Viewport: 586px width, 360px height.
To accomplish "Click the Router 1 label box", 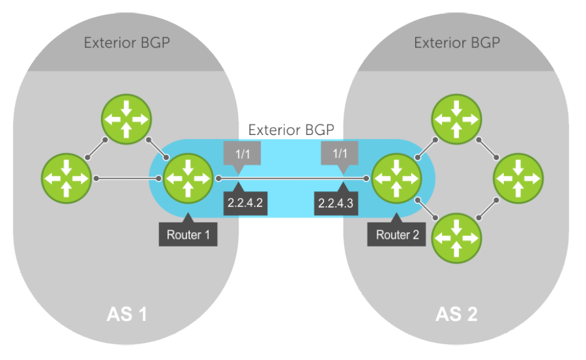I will (188, 235).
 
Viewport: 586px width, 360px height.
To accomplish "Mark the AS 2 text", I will (456, 314).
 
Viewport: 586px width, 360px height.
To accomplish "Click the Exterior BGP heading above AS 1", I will (126, 43).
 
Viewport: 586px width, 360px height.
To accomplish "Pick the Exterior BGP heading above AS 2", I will (457, 43).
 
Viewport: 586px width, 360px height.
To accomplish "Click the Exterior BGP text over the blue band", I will (292, 130).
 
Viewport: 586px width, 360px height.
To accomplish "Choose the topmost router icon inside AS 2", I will (456, 119).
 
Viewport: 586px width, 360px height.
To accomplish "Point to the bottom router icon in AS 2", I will (456, 238).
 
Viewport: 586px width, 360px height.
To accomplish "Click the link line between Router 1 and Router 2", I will (292, 177).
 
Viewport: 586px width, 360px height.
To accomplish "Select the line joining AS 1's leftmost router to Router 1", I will (127, 177).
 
